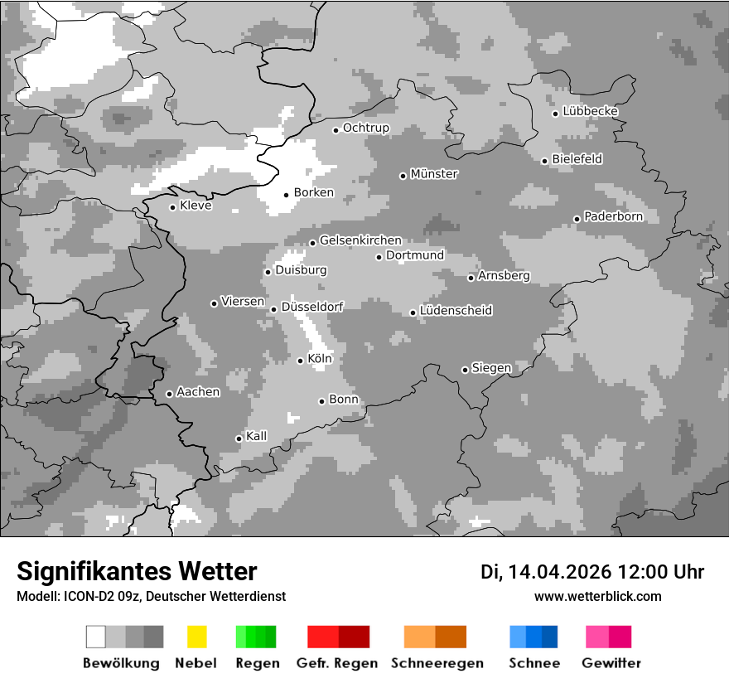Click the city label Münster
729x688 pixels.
pyautogui.click(x=434, y=174)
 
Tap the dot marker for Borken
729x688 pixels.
pyautogui.click(x=287, y=195)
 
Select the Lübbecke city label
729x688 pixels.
pyautogui.click(x=590, y=111)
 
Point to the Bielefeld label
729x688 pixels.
pyautogui.click(x=577, y=158)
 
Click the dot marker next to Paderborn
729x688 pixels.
pyautogui.click(x=577, y=219)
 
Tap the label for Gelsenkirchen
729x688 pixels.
pyautogui.click(x=360, y=240)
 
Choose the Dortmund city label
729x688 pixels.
pyautogui.click(x=415, y=255)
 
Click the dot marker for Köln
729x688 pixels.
pyautogui.click(x=301, y=361)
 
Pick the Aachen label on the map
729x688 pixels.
pyautogui.click(x=198, y=392)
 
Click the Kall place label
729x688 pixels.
pyautogui.click(x=257, y=436)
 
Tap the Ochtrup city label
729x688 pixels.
pyautogui.click(x=366, y=128)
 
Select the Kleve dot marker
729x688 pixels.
pyautogui.click(x=173, y=207)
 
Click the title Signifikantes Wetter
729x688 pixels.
pyautogui.click(x=137, y=571)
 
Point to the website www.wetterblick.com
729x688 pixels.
pyautogui.click(x=597, y=596)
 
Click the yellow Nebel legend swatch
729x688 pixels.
pyautogui.click(x=196, y=637)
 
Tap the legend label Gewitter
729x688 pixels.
pyautogui.click(x=611, y=663)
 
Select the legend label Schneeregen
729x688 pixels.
pyautogui.click(x=437, y=663)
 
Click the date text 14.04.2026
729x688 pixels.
pyautogui.click(x=559, y=572)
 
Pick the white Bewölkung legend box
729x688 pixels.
pyautogui.click(x=96, y=637)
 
